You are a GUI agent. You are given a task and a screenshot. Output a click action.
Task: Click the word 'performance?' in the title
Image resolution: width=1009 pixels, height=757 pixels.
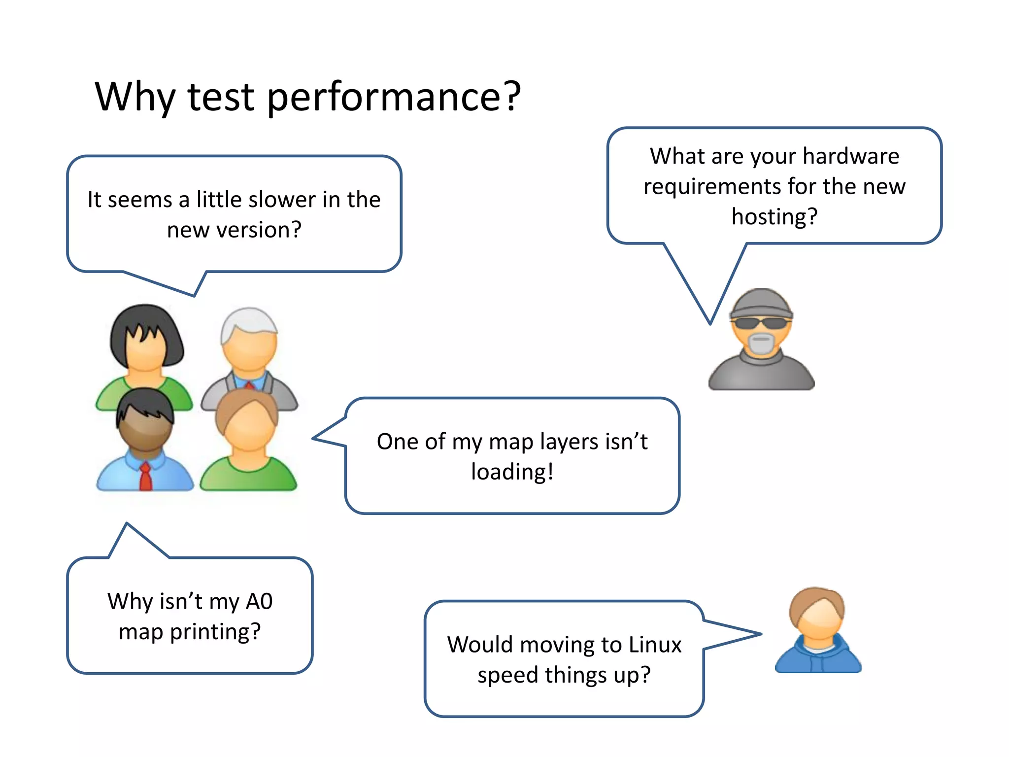tap(394, 97)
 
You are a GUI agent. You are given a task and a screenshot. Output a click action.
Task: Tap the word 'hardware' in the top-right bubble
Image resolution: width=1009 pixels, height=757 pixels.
tap(851, 156)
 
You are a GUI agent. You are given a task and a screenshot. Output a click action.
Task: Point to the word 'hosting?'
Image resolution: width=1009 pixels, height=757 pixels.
tap(774, 217)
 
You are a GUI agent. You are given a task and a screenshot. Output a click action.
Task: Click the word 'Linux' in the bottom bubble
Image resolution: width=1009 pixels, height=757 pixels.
tap(655, 645)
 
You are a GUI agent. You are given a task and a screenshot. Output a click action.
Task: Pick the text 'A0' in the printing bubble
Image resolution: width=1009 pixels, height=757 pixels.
tap(259, 601)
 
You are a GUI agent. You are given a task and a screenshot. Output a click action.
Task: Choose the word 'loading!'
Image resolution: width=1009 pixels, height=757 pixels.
tap(512, 472)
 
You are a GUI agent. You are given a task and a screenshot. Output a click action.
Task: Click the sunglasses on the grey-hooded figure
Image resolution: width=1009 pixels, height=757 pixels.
tap(761, 323)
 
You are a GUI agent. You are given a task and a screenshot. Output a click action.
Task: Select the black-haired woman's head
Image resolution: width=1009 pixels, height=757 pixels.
tap(145, 338)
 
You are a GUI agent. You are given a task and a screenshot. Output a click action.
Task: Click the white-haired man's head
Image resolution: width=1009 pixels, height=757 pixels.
tap(249, 340)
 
